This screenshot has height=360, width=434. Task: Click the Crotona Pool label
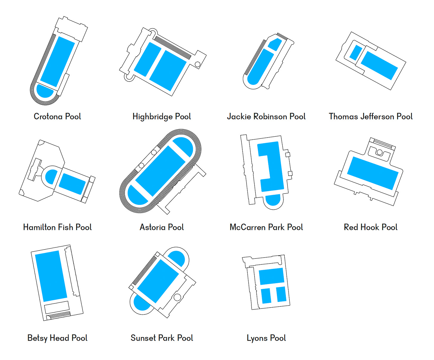click(57, 116)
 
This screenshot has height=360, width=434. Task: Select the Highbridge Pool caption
click(162, 116)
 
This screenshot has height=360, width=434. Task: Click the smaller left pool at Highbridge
click(147, 59)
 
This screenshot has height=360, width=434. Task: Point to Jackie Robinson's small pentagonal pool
click(275, 44)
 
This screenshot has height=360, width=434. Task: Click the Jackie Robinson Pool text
click(266, 116)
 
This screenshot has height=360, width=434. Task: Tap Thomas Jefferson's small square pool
click(356, 53)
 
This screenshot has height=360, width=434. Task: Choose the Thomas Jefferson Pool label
click(371, 116)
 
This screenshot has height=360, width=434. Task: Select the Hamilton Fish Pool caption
click(57, 227)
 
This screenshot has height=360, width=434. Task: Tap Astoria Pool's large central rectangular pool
click(160, 171)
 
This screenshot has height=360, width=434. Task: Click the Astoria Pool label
click(162, 227)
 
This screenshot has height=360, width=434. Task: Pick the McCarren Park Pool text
click(266, 227)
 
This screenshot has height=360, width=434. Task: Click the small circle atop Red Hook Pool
click(379, 152)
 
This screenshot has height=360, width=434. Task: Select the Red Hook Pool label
click(371, 227)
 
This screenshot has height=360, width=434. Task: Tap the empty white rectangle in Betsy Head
click(57, 308)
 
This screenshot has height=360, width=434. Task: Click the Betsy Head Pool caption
click(57, 338)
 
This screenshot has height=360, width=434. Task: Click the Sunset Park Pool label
click(162, 338)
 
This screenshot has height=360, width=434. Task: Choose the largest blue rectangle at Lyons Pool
click(271, 276)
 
